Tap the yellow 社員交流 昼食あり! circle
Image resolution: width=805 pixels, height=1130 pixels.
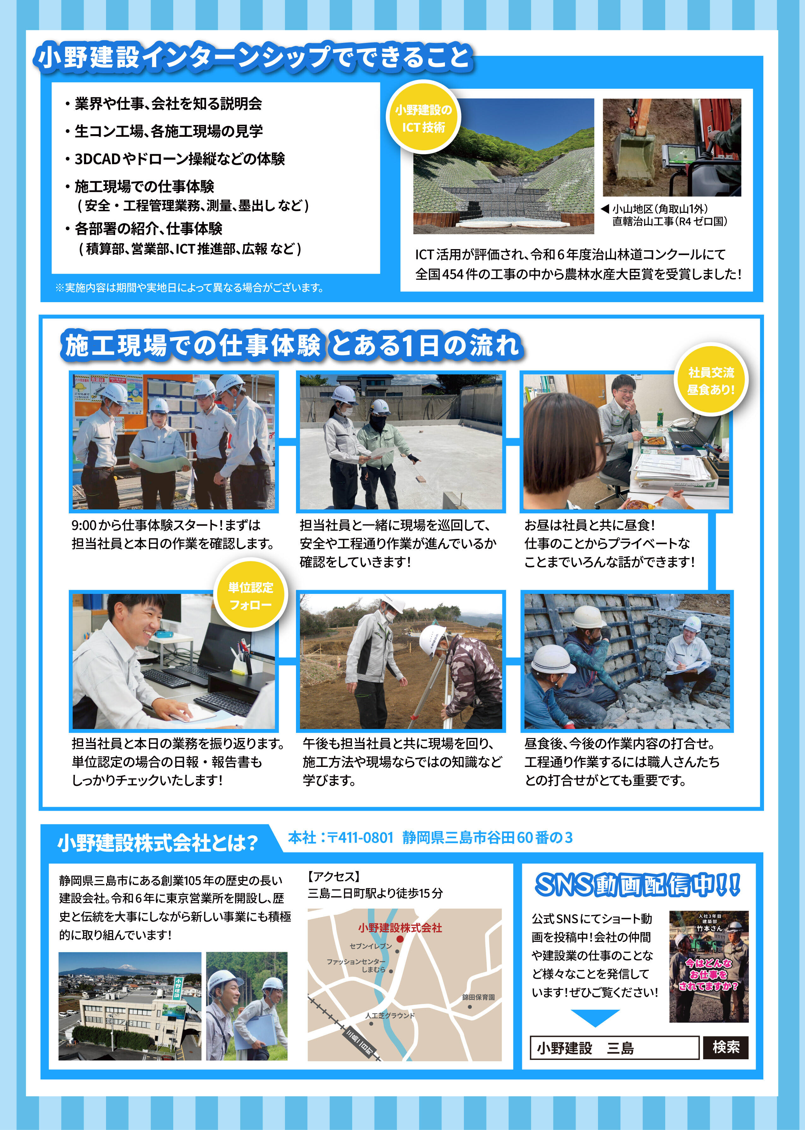(711, 381)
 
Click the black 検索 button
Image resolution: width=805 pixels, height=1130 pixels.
(726, 1047)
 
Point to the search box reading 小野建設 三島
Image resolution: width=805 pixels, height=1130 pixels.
(615, 1048)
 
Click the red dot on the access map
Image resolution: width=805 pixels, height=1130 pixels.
(400, 939)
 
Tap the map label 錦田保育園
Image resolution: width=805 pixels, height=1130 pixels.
(478, 997)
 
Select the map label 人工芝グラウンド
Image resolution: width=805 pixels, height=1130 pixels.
(390, 1015)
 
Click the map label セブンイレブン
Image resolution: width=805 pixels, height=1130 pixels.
(371, 946)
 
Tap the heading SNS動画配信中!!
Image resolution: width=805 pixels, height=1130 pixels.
(638, 885)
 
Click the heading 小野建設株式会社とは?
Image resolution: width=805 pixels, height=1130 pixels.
(158, 843)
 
